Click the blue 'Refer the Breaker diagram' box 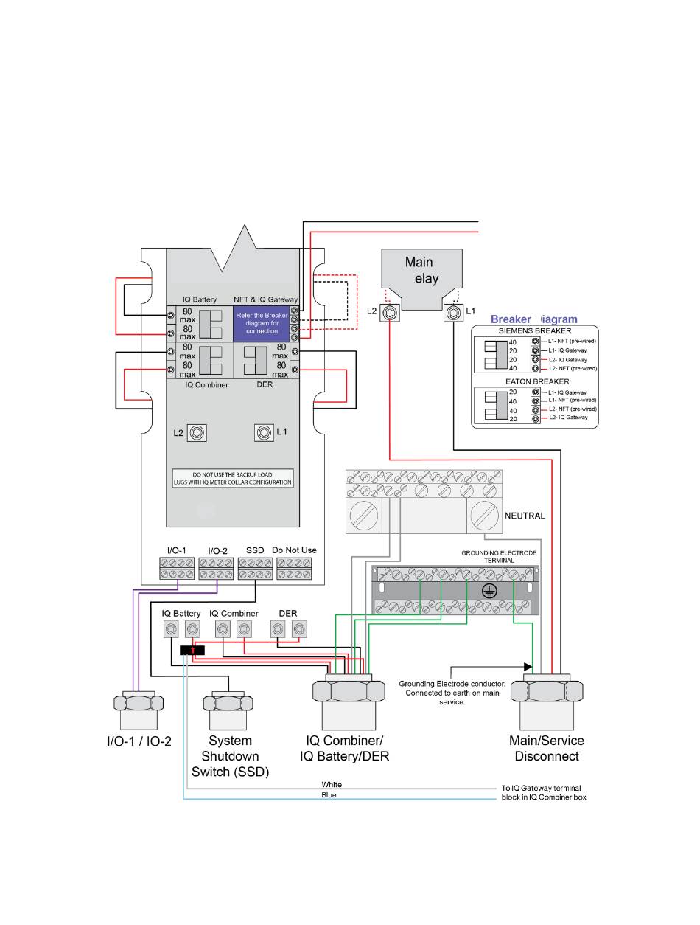[261, 322]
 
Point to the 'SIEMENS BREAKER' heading [533, 331]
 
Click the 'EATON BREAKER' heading [533, 381]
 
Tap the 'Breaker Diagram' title [534, 319]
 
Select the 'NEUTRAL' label [524, 516]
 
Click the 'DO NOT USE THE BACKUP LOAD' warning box [233, 477]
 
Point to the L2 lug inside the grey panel [197, 432]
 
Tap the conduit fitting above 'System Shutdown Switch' [231, 710]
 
